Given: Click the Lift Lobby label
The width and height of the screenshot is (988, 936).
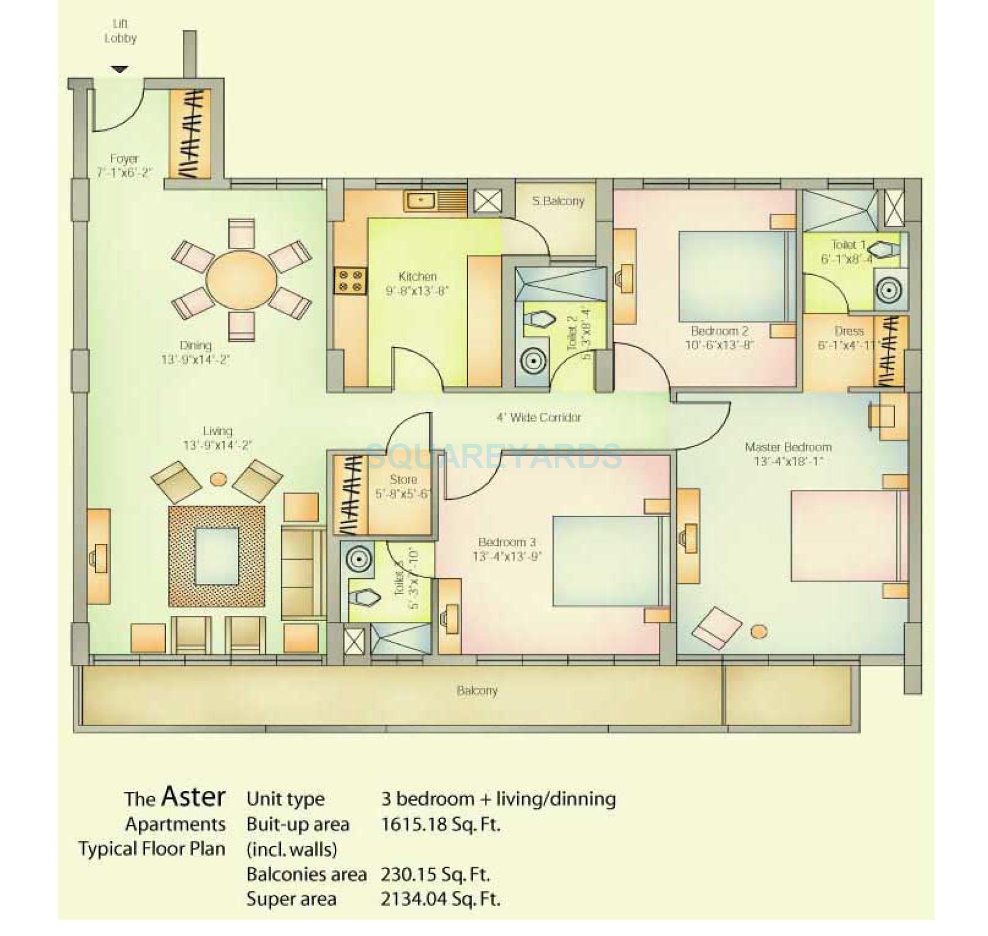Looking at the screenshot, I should coord(120,31).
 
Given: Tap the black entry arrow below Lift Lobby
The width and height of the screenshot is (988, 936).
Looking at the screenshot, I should coord(119,69).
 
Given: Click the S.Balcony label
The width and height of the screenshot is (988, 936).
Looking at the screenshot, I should coord(558,201).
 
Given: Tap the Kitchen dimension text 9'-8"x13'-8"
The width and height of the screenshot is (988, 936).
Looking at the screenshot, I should coord(417,291).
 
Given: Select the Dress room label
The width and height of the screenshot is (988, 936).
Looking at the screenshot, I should coord(848,331).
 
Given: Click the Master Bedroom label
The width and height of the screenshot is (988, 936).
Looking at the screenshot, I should coord(788,447).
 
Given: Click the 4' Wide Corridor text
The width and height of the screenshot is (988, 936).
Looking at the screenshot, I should coord(538,417).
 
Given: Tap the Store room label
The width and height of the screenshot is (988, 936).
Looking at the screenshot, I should coord(403,480).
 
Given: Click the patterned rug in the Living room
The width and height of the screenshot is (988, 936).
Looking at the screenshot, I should coord(217,556).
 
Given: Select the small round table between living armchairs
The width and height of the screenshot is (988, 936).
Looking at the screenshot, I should coord(218,479).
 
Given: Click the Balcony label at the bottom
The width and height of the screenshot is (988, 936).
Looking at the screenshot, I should coord(477,690).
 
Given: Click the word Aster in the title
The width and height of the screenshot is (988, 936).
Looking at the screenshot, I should coord(194,796).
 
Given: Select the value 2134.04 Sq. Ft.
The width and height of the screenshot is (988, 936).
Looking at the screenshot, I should coord(440,899).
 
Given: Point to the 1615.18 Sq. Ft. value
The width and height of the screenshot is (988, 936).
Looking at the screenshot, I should coord(440,825).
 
